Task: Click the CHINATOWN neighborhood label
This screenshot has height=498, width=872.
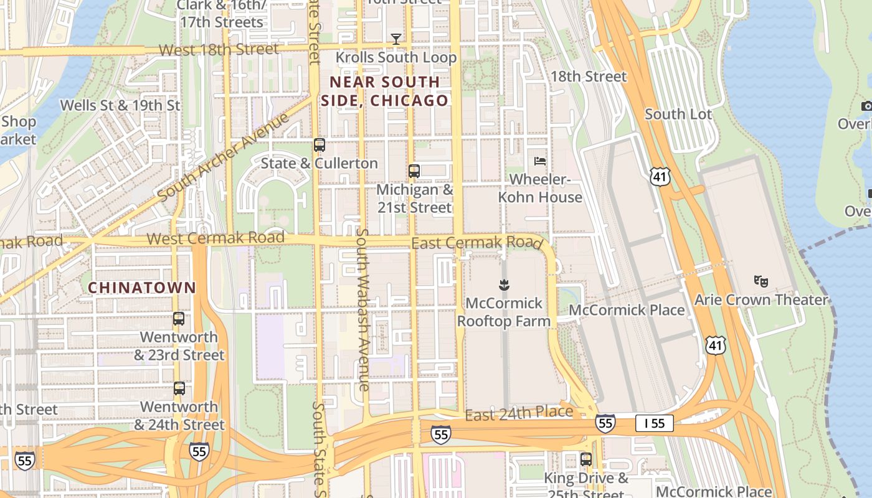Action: point(142,288)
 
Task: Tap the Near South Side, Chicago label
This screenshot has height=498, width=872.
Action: point(384,92)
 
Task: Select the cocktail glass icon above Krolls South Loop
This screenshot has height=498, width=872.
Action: point(396,39)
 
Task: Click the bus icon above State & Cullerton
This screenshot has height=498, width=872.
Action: point(320,145)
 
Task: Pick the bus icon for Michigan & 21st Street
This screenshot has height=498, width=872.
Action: point(414,171)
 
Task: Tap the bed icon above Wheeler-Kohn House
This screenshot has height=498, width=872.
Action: point(540,161)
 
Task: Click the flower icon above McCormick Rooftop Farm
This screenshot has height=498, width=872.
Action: point(503,285)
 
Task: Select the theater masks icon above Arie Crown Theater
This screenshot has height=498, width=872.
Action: point(760,281)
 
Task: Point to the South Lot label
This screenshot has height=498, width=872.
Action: point(678,114)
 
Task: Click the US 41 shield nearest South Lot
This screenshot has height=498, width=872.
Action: point(660,177)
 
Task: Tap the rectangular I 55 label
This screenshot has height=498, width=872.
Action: point(654,424)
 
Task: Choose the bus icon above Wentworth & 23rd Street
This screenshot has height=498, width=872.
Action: point(179,319)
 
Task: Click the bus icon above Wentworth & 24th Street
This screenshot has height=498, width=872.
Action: point(179,388)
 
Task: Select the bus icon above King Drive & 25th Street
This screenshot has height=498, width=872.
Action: point(586,459)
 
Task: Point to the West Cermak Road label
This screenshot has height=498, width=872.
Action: point(216,238)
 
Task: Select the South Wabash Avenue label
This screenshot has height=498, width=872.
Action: point(363,309)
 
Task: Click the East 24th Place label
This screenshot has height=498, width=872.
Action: point(519,413)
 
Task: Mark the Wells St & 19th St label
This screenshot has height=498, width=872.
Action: point(120,105)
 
